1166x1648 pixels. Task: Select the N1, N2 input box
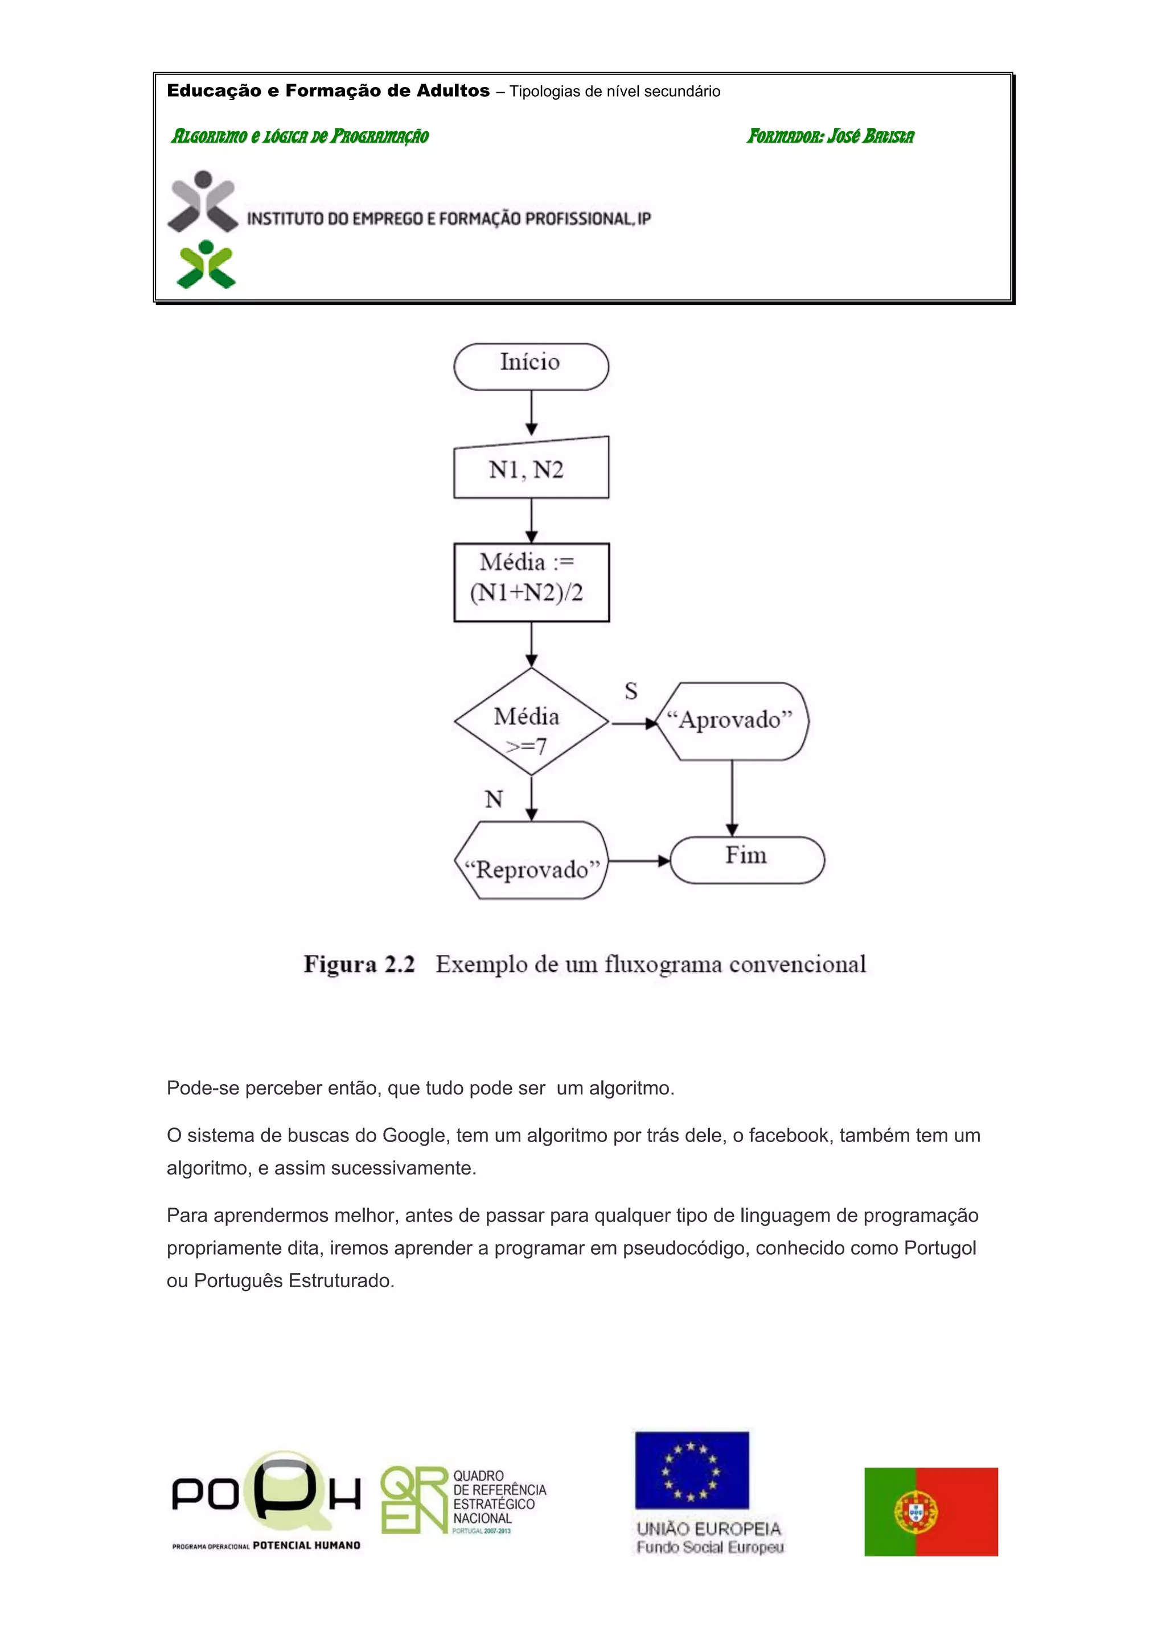point(531,469)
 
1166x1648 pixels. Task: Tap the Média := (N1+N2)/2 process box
point(531,582)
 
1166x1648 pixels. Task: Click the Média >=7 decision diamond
point(531,722)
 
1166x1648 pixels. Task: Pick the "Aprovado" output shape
point(732,720)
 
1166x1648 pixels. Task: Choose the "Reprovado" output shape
point(531,860)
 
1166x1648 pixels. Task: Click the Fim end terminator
point(747,859)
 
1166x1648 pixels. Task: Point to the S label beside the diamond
point(631,690)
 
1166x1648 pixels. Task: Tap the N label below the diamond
point(493,799)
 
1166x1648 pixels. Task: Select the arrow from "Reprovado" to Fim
point(638,860)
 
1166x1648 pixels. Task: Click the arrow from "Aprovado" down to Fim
point(732,797)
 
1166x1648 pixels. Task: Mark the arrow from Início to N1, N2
point(531,413)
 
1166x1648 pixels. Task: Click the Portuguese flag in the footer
point(930,1511)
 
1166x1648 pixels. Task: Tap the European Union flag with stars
point(691,1470)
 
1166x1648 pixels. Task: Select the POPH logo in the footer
point(266,1500)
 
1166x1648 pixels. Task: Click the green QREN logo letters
point(413,1499)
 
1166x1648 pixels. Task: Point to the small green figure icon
point(206,264)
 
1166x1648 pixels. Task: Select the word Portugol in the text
point(939,1247)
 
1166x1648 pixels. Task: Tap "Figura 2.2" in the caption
point(359,963)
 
